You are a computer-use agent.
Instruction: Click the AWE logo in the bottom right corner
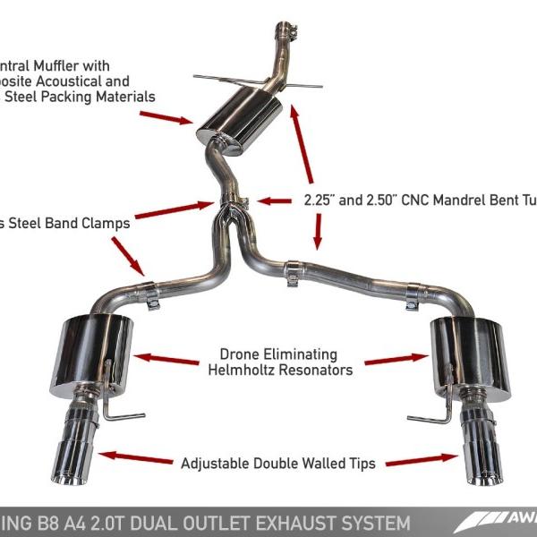(507, 521)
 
